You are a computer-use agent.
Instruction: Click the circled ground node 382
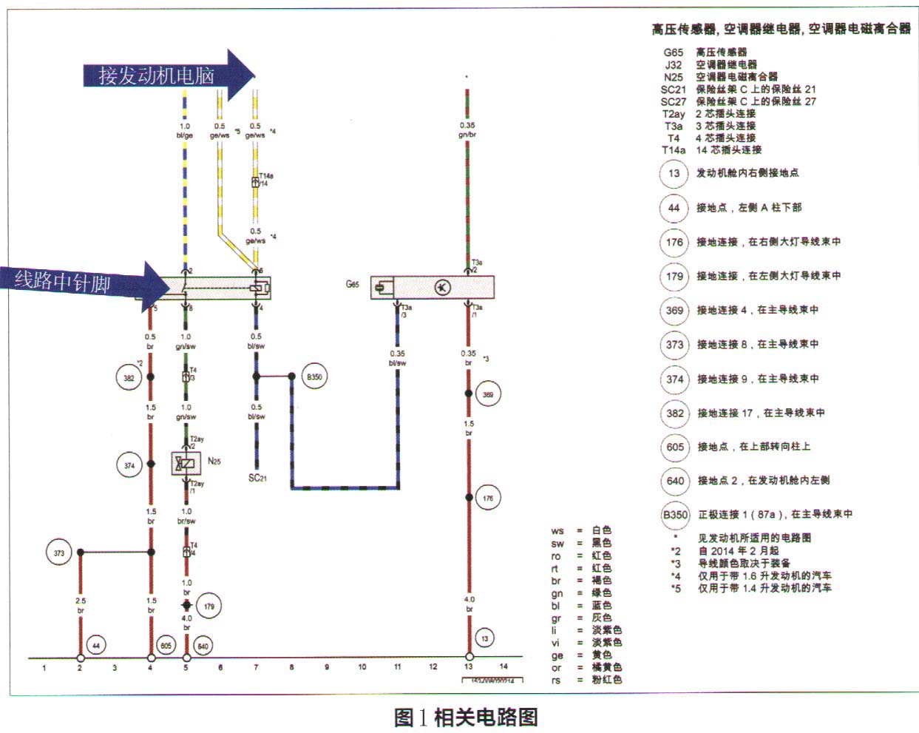129,377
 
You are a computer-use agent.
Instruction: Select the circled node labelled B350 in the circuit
315,376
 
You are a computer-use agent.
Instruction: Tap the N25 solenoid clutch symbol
186,464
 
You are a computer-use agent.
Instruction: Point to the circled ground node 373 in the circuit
59,553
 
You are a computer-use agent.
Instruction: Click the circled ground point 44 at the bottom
96,646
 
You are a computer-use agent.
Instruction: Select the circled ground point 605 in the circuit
166,646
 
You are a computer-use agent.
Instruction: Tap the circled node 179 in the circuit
209,607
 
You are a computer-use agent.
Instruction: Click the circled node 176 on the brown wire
488,498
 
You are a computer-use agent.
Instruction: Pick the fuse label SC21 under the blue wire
257,478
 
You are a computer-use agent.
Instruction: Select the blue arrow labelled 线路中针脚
85,283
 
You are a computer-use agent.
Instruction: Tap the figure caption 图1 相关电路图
466,717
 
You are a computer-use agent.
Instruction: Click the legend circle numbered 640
675,481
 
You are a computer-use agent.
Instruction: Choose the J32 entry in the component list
674,64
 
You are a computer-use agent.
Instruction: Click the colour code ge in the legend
557,655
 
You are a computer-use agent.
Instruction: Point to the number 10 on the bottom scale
362,667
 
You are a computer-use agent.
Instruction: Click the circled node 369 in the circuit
488,394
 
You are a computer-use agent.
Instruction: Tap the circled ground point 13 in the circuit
485,638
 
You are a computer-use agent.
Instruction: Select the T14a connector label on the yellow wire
266,176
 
